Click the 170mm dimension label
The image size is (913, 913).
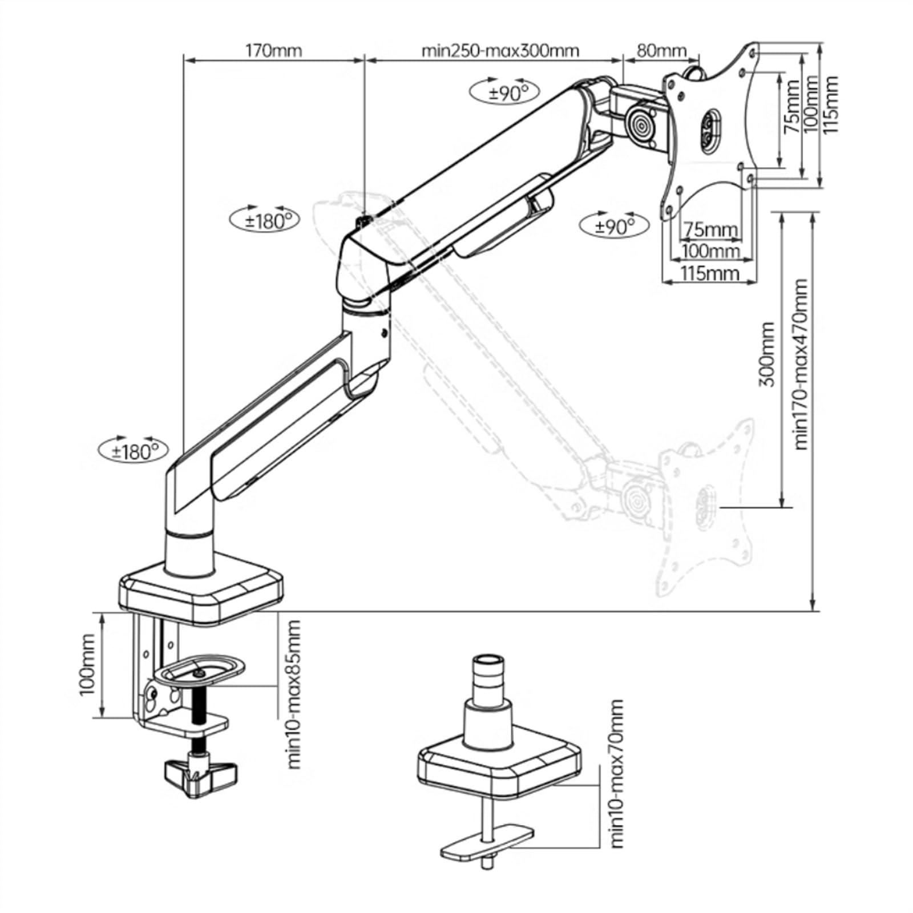tap(273, 50)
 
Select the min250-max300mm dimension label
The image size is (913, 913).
tap(500, 50)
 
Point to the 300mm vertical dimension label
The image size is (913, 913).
tap(767, 354)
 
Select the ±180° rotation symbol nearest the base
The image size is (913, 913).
tap(134, 450)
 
